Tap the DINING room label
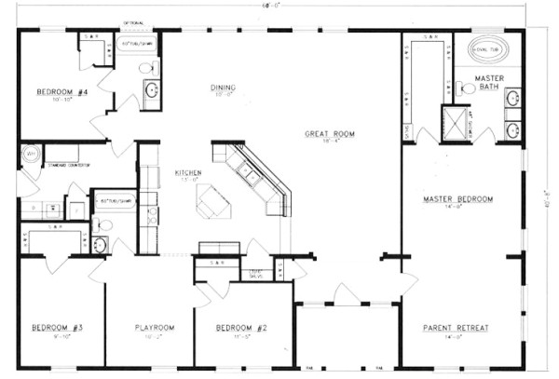[x=222, y=88]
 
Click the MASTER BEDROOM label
[x=457, y=199]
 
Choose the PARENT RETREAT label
[x=457, y=327]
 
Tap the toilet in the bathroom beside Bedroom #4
[x=146, y=68]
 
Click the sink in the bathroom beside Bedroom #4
[x=150, y=91]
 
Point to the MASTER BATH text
[x=489, y=84]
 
